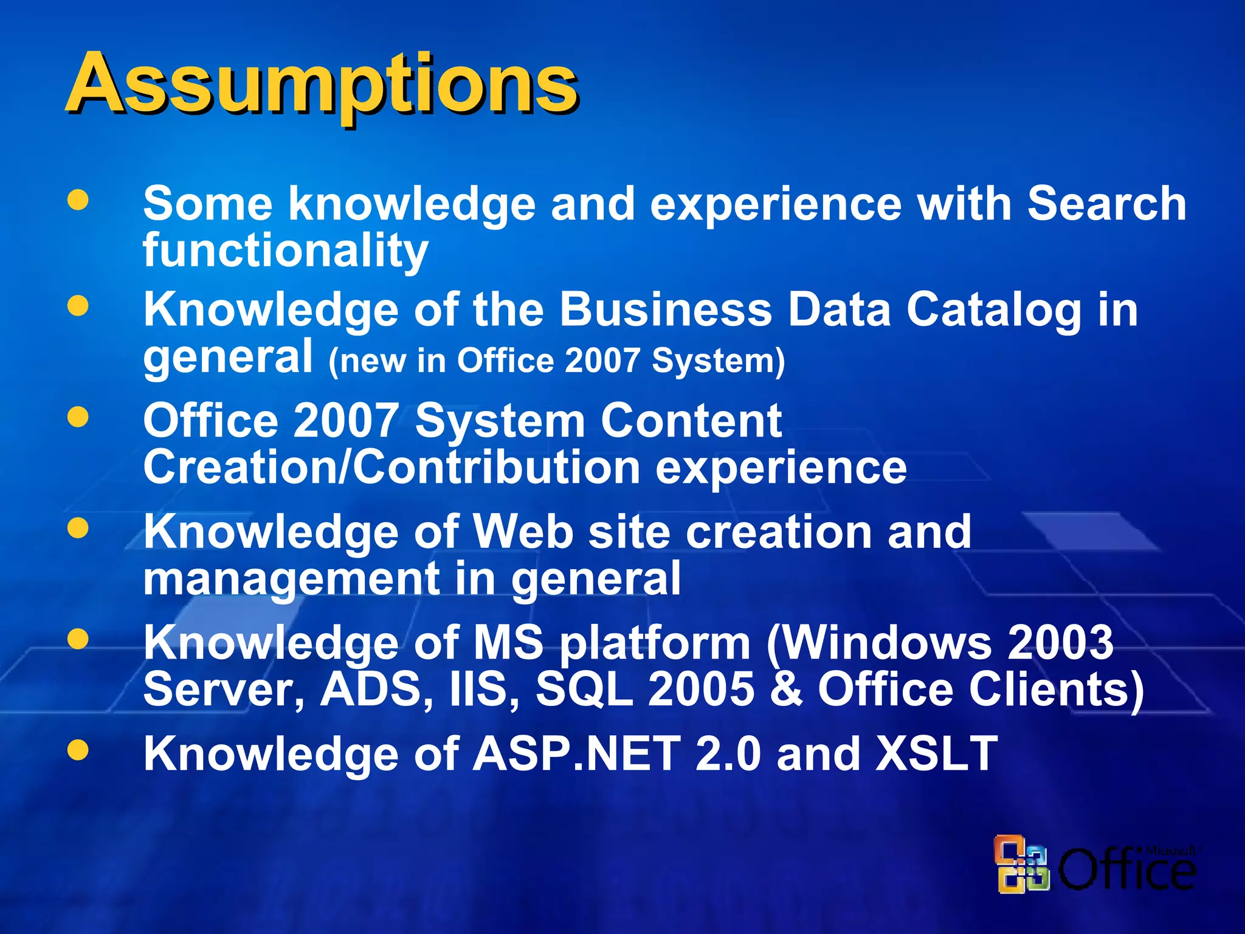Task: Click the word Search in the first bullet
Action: click(1106, 204)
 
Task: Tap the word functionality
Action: click(286, 251)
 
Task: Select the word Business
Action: click(665, 310)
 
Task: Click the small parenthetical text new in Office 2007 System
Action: click(556, 361)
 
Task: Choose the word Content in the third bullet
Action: click(691, 421)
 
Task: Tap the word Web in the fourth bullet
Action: click(523, 531)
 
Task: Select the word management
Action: click(291, 579)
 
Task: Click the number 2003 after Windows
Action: click(1061, 643)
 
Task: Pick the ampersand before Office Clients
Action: click(786, 690)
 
